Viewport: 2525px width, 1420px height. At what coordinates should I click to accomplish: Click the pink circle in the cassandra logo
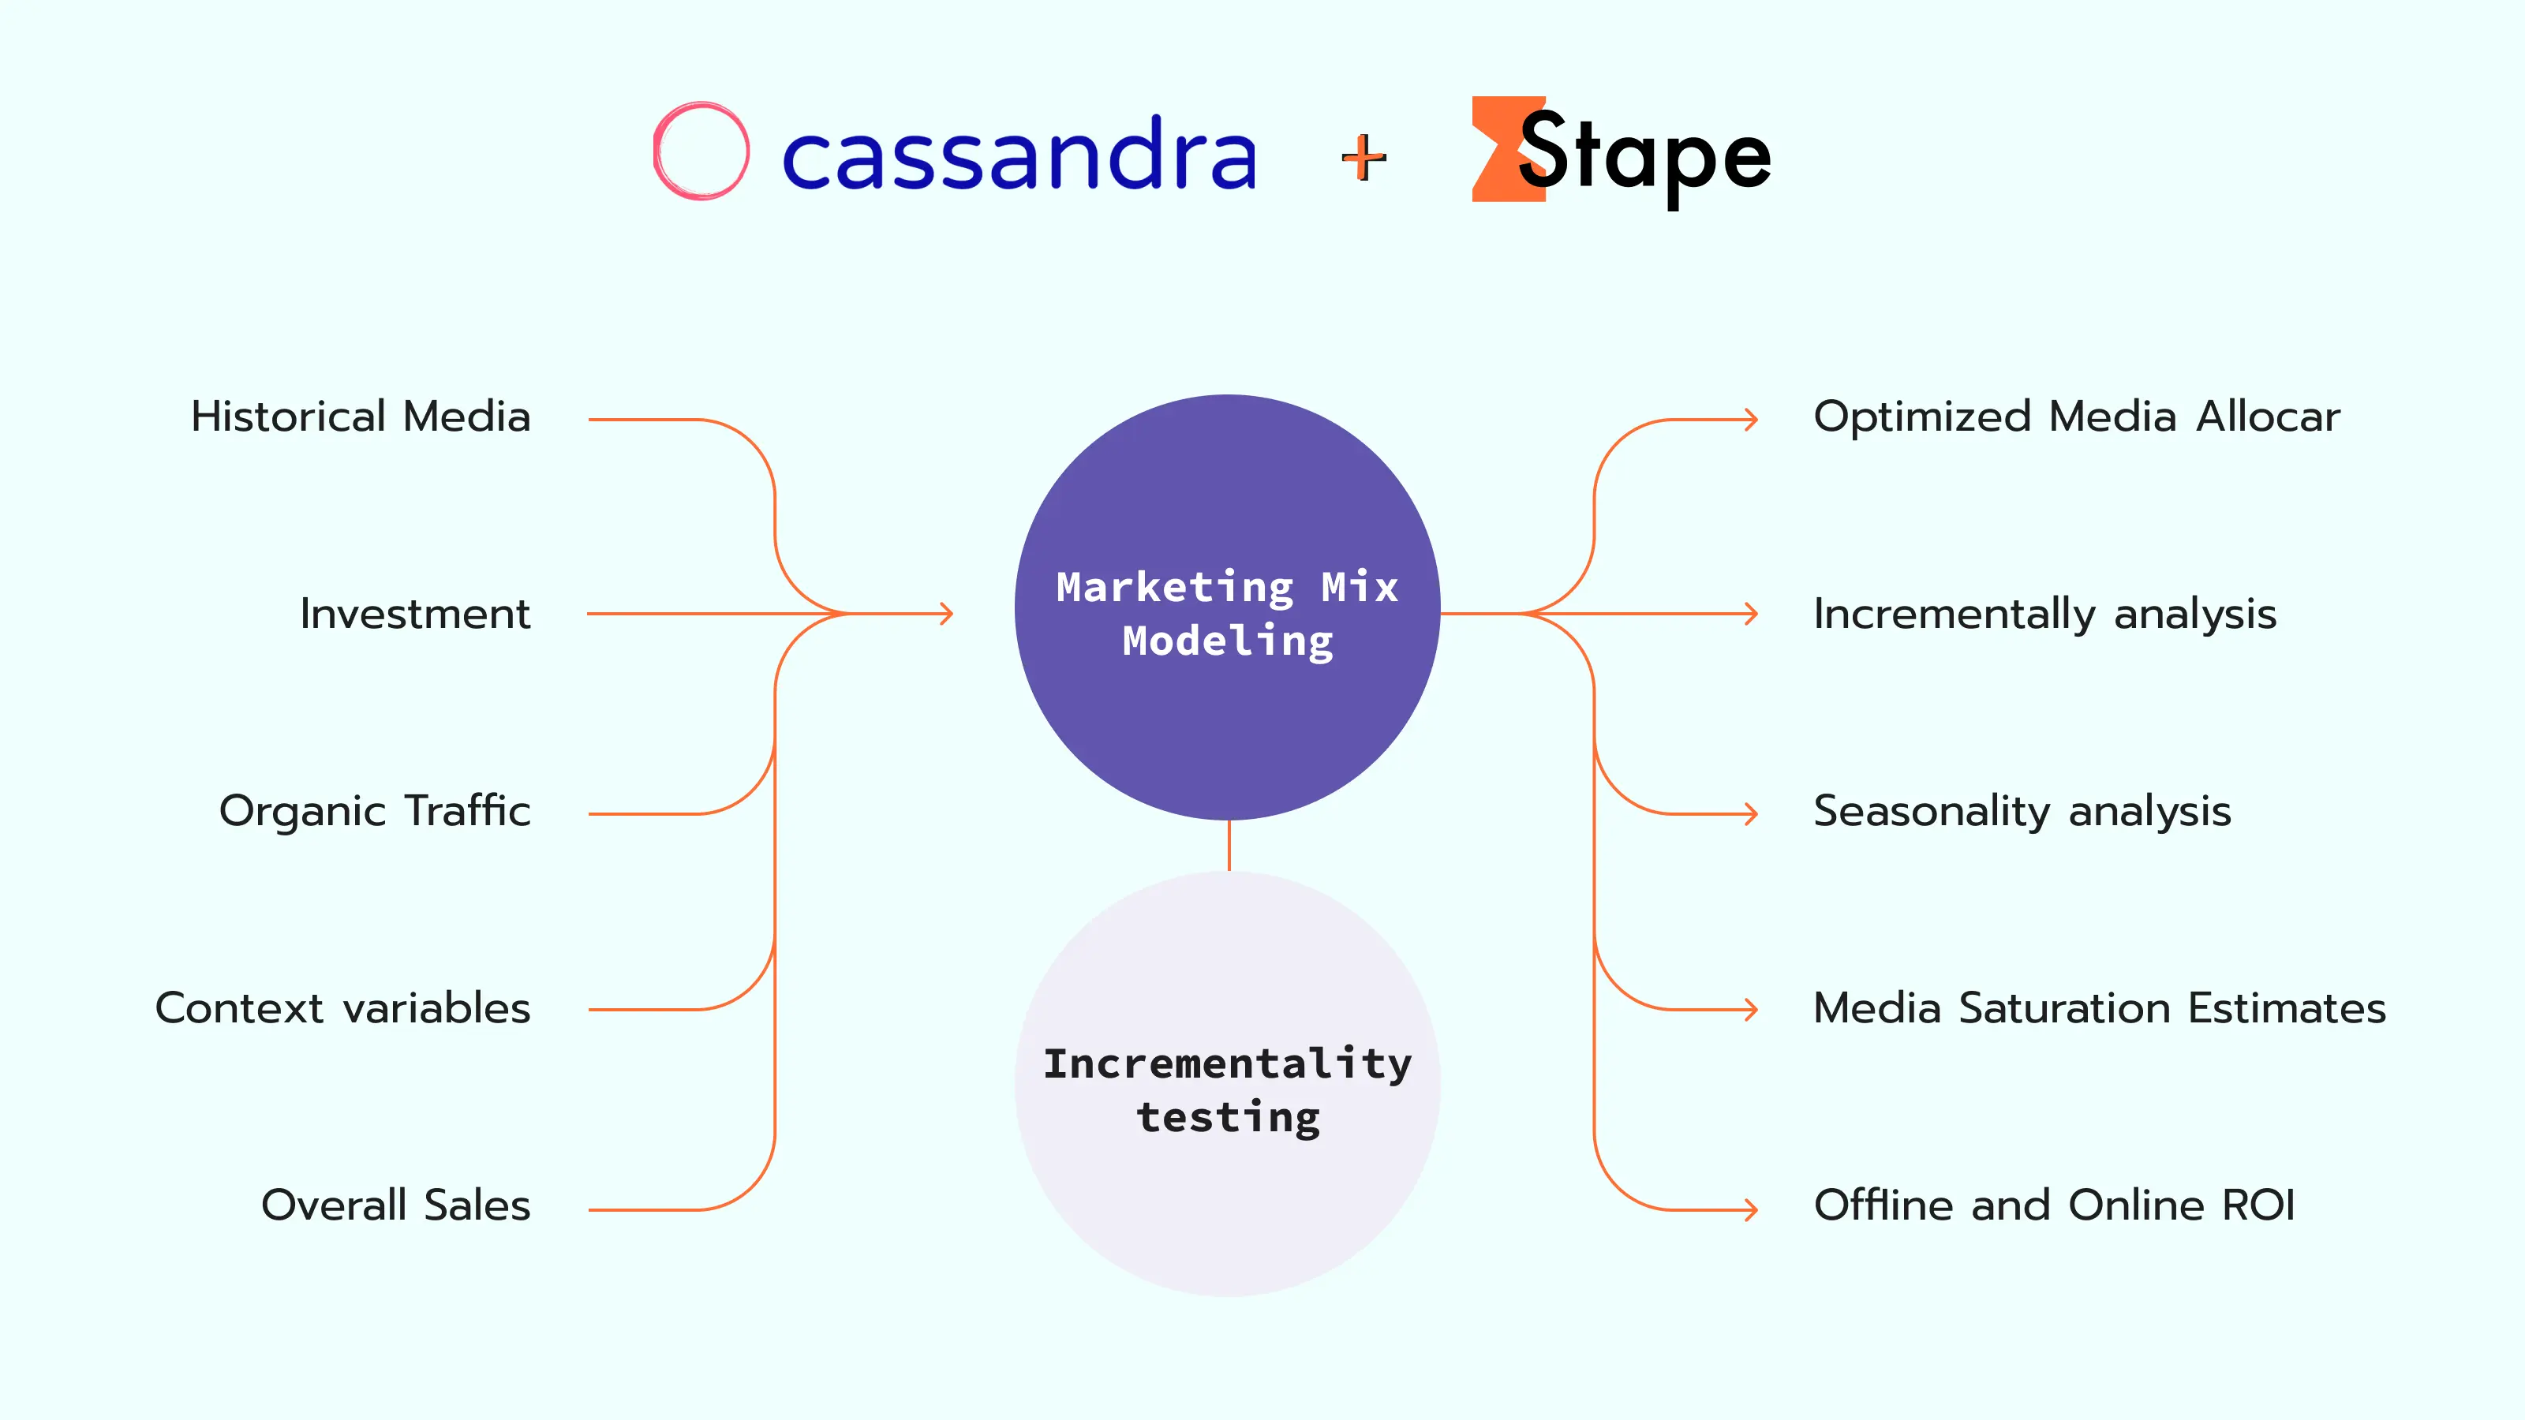coord(655,152)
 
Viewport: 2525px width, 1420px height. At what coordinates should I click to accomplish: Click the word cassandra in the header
coord(1019,154)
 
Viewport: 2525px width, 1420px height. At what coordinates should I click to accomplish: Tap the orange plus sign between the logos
coord(1363,158)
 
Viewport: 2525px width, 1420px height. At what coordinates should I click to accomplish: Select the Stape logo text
coord(1644,157)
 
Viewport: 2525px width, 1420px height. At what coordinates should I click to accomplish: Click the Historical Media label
coord(361,417)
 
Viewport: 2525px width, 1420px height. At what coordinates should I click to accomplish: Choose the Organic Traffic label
coord(375,812)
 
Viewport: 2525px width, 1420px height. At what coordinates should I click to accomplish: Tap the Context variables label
coord(343,1008)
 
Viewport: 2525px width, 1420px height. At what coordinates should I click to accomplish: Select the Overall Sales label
coord(395,1205)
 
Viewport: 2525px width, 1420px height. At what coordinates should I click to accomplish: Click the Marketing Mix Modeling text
coord(1227,615)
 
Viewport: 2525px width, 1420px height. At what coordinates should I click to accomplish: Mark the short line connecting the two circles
coord(1229,846)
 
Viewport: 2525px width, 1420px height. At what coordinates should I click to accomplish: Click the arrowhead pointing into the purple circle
coord(946,615)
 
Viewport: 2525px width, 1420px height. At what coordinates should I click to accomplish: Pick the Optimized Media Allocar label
coord(2077,417)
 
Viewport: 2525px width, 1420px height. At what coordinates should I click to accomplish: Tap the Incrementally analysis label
coord(2044,615)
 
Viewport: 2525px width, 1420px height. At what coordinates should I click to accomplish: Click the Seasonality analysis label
coord(2022,812)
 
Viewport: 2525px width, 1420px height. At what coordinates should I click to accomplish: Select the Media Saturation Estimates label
coord(2100,1008)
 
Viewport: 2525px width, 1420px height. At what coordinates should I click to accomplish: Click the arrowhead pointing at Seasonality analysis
coord(1751,813)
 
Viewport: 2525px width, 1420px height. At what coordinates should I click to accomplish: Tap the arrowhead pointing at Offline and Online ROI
coord(1751,1209)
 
